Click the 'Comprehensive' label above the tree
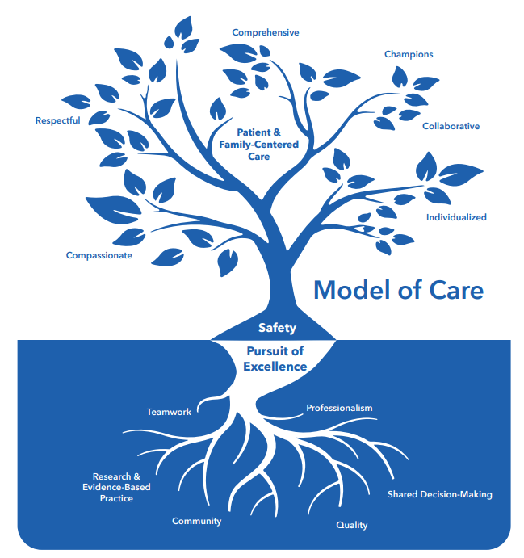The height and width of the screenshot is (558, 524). pos(266,33)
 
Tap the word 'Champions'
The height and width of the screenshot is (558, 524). pos(409,55)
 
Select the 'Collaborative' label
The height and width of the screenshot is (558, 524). pos(451,126)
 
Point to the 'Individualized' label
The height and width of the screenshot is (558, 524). pos(456,217)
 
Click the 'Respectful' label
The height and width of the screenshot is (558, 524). pos(57,121)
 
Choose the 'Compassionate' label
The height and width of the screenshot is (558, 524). pos(99,256)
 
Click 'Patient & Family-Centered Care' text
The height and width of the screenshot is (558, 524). pos(259,144)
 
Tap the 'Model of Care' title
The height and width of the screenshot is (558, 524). pos(398,289)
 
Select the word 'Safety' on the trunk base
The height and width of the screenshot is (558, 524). pos(277,328)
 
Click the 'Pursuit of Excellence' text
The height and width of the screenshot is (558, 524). pos(275,359)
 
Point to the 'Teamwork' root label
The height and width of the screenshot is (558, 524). pos(169,412)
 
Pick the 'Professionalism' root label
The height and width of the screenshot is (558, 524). pos(339,408)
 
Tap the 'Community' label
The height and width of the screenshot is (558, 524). pos(196,521)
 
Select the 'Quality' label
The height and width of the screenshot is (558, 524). pos(351,525)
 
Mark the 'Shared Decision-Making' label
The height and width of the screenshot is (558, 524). pos(439,494)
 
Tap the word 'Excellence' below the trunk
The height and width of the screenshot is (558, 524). pos(275,367)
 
